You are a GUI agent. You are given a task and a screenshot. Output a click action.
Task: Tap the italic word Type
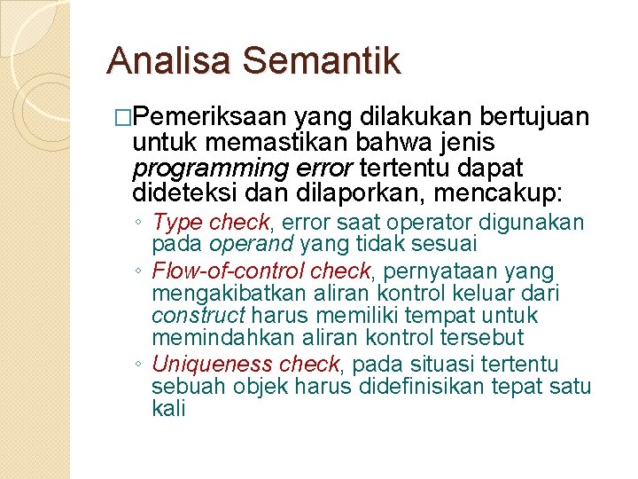point(178,223)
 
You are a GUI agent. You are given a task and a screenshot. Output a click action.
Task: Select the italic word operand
point(252,243)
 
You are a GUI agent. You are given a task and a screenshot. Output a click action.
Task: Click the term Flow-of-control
point(218,271)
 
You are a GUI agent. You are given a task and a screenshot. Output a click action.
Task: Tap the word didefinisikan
point(414,386)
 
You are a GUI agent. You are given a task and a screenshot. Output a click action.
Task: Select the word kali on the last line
point(168,409)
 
